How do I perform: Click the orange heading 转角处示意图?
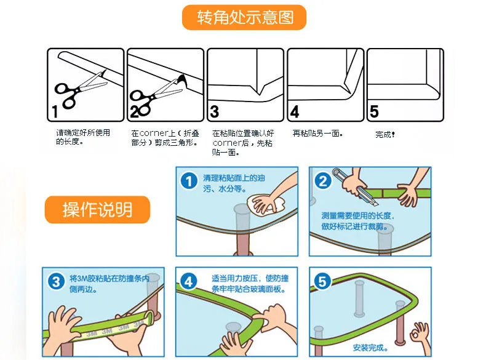[244, 17]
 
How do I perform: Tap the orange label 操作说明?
[97, 210]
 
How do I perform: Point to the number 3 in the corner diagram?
[214, 113]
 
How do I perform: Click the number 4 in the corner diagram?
[295, 113]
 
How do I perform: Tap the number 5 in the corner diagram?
[374, 113]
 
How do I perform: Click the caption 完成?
[384, 134]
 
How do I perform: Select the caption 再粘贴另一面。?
[317, 133]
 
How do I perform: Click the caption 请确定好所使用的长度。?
[82, 137]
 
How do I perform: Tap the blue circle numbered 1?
[189, 181]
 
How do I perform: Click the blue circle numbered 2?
[322, 181]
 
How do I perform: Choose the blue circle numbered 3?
[56, 282]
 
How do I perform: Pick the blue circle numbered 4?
[189, 282]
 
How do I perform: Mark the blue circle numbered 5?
[322, 282]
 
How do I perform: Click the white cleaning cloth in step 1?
[263, 203]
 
